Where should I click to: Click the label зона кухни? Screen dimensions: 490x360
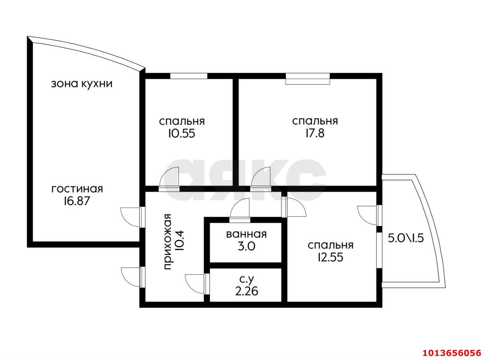tap(82, 84)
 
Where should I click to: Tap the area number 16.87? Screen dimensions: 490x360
tap(77, 201)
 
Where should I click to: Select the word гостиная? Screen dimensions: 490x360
tap(77, 189)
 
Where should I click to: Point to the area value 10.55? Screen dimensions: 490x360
tap(181, 133)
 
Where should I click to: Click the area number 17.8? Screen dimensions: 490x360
tap(315, 133)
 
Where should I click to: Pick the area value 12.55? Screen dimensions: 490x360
tap(330, 258)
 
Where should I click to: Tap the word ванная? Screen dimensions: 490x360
tap(246, 234)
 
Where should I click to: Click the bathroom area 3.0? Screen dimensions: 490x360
tap(246, 247)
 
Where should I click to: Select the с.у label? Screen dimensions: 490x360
tap(247, 280)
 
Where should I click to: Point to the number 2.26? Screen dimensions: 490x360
tap(247, 291)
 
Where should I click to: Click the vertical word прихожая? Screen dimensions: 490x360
tap(167, 242)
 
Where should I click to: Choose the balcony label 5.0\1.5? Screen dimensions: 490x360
tap(406, 238)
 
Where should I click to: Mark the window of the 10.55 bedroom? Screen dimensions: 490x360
tap(189, 76)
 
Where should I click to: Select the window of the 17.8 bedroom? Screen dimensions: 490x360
tap(307, 79)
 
